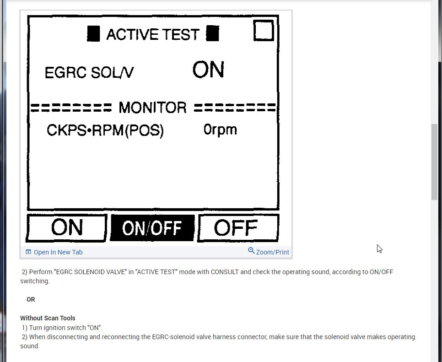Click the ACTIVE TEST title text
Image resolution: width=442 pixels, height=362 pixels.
(153, 34)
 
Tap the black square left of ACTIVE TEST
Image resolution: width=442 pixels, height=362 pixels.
(93, 34)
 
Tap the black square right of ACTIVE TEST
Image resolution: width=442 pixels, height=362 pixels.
(212, 34)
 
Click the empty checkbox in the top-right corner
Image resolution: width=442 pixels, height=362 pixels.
(264, 30)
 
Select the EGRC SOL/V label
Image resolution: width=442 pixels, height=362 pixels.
(89, 73)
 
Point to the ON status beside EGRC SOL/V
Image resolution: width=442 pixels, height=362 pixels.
(208, 70)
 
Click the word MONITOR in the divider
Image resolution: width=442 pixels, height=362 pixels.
(152, 108)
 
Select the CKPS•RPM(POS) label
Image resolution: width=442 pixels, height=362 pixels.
(105, 131)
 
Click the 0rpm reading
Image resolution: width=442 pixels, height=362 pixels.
(220, 130)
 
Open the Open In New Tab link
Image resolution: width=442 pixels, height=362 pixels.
(58, 252)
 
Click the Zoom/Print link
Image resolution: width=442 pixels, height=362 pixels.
(272, 252)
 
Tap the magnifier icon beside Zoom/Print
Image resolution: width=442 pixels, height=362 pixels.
(251, 251)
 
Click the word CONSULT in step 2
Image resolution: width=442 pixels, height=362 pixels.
(225, 272)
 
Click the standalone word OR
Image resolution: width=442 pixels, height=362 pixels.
(31, 299)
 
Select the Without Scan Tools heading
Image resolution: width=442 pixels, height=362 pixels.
(48, 318)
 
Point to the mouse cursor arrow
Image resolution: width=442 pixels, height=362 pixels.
(379, 248)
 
